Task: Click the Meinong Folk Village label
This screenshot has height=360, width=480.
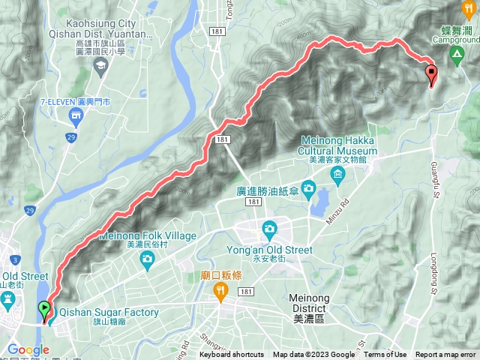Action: pyautogui.click(x=148, y=236)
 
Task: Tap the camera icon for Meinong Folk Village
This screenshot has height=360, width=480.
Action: pyautogui.click(x=147, y=259)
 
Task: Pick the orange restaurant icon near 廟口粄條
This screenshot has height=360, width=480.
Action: pyautogui.click(x=220, y=293)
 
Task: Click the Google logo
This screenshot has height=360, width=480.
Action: pyautogui.click(x=28, y=349)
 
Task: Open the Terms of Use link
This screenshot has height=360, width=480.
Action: pyautogui.click(x=385, y=355)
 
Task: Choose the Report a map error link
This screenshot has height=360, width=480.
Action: pyautogui.click(x=446, y=355)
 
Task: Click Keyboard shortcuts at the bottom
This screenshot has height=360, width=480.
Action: pyautogui.click(x=232, y=355)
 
